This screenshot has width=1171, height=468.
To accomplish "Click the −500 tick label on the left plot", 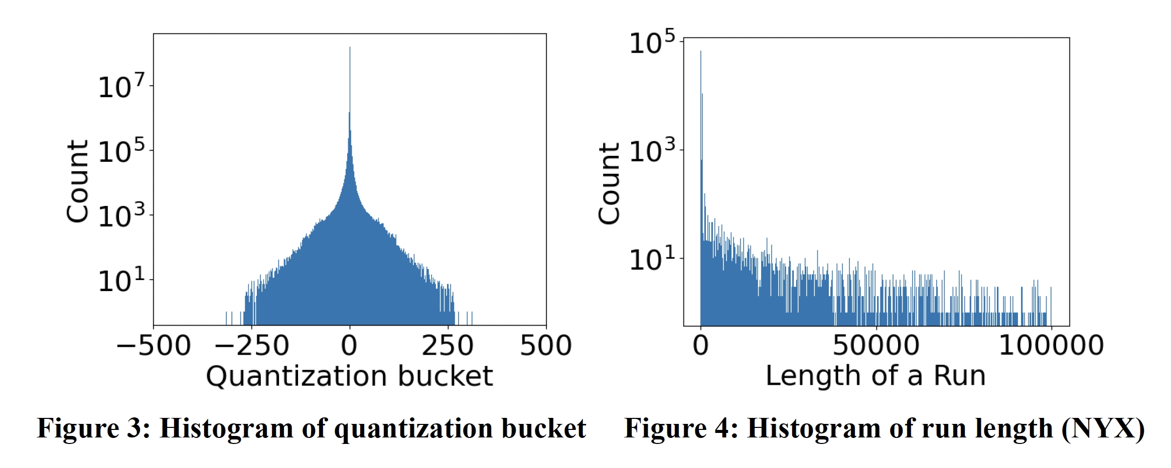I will pyautogui.click(x=154, y=346).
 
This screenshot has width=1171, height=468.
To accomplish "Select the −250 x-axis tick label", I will pyautogui.click(x=252, y=346).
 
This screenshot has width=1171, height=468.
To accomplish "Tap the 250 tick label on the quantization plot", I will pyautogui.click(x=448, y=346).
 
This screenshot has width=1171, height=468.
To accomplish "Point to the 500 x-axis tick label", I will pyautogui.click(x=546, y=346).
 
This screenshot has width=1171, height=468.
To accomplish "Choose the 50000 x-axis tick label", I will pyautogui.click(x=876, y=346).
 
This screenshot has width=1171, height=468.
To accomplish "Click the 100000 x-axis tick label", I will pyautogui.click(x=1051, y=346).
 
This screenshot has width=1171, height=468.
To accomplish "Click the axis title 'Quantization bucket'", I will pyautogui.click(x=350, y=376).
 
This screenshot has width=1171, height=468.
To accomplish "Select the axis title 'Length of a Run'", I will pyautogui.click(x=875, y=376).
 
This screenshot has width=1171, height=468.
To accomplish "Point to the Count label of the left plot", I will pyautogui.click(x=78, y=181).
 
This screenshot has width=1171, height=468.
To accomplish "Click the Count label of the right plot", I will pyautogui.click(x=609, y=183).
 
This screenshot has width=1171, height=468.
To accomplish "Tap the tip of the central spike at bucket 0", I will pyautogui.click(x=350, y=48).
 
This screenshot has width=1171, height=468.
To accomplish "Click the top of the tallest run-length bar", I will pyautogui.click(x=701, y=52).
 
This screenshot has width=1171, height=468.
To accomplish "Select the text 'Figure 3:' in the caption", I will pyautogui.click(x=94, y=429).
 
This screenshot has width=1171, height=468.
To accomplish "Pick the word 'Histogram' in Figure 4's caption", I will pyautogui.click(x=813, y=429).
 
